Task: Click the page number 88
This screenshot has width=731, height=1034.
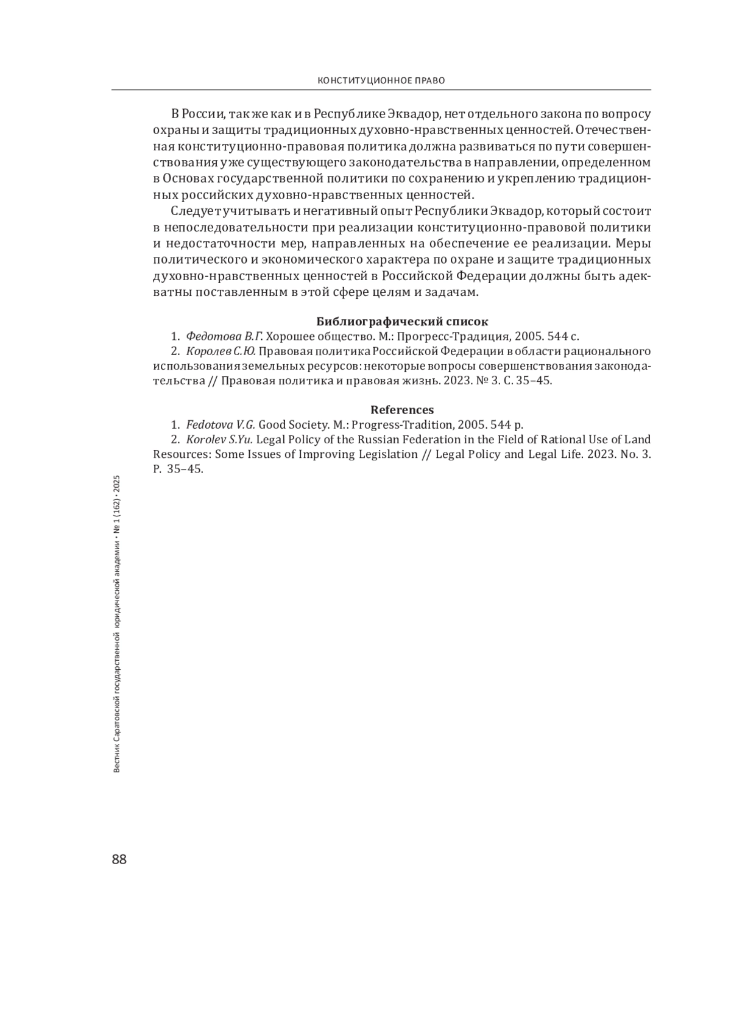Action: (119, 859)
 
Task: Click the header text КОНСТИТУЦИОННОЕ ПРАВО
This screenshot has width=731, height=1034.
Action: (381, 80)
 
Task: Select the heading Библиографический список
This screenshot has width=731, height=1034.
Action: (403, 321)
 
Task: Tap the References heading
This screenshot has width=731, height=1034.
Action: (402, 409)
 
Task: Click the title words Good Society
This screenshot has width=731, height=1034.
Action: (290, 424)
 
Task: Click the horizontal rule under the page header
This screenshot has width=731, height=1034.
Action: (381, 90)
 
